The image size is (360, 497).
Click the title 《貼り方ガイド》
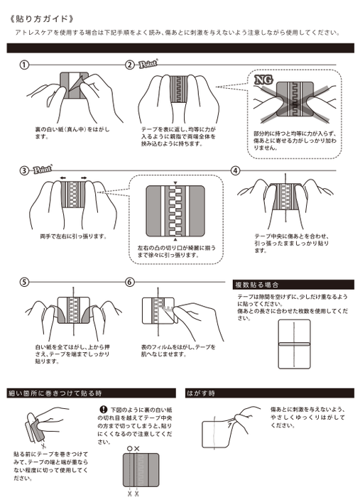(42, 16)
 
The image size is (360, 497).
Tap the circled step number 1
(25, 65)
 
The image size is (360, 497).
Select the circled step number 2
(130, 65)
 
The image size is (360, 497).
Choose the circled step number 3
(25, 170)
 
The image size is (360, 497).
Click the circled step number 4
(236, 170)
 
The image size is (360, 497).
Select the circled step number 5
(25, 282)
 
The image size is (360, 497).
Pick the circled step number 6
(130, 282)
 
